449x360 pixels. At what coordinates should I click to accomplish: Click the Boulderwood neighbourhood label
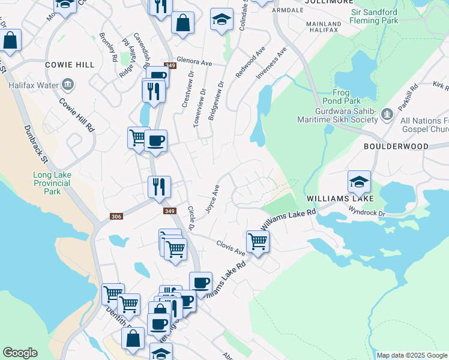tap(396, 146)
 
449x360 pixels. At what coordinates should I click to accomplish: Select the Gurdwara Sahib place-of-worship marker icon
tap(387, 113)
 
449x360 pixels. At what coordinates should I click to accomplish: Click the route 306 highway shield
tap(116, 217)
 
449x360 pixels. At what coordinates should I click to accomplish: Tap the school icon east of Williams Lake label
tap(359, 181)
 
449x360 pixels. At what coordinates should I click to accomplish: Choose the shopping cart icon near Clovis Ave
tap(258, 241)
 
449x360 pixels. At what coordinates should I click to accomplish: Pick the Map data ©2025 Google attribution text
tap(412, 355)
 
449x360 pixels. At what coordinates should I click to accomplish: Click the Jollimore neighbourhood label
tap(328, 2)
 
